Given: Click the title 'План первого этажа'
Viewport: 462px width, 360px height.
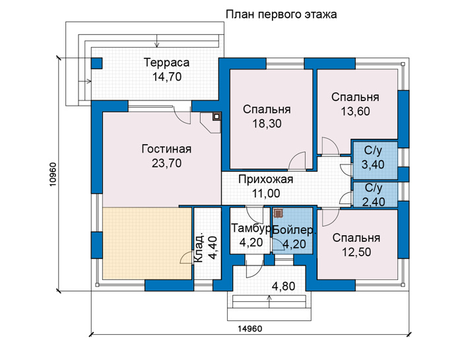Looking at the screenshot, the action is (281, 14).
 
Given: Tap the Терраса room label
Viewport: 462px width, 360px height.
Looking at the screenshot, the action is (166, 63).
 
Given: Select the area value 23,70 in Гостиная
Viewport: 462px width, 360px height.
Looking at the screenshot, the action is (166, 163).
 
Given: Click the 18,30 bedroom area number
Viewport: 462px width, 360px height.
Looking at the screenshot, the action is (267, 124).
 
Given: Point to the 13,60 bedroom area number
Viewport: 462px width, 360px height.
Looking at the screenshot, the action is (355, 112).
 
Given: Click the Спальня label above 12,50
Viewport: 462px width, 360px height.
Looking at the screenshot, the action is (356, 238).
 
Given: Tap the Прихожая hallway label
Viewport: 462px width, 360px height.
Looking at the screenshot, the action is (266, 179).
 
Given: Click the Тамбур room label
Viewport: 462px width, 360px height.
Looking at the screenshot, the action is (251, 228).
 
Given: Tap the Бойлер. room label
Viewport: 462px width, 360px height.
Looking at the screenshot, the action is (294, 231).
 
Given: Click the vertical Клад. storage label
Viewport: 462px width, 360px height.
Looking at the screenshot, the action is (199, 248).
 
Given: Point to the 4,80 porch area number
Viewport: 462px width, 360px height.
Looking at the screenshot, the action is (283, 286).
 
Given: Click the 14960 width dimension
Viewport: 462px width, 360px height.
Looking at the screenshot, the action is (250, 328).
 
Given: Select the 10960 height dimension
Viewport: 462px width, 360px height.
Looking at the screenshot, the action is (52, 174).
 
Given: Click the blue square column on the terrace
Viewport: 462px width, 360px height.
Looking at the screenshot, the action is (96, 63).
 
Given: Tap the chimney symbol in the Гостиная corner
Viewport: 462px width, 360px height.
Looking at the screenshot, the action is (216, 116).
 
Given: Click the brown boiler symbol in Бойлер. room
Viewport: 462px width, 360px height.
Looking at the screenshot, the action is (278, 213).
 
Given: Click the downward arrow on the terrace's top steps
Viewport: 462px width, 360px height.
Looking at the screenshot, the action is (157, 41).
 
